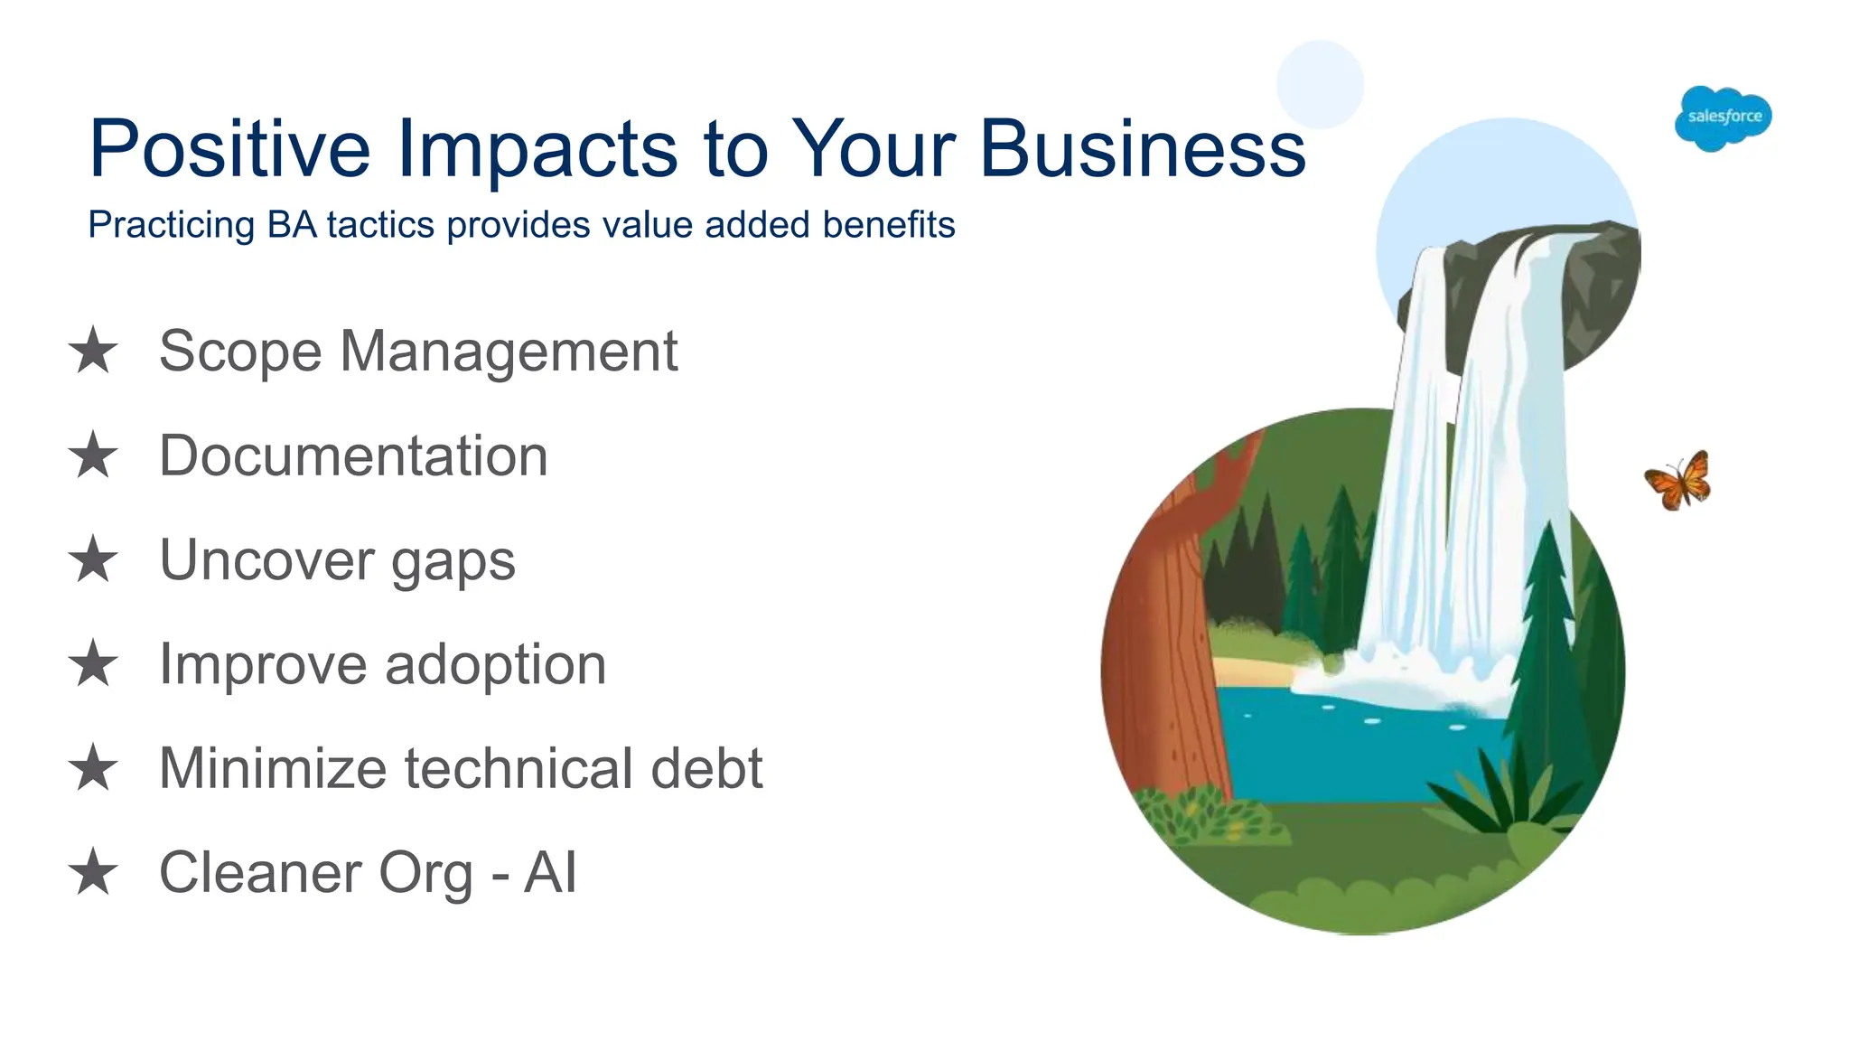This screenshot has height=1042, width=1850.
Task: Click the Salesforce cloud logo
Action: click(1723, 117)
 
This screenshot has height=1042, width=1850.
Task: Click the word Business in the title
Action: click(1142, 148)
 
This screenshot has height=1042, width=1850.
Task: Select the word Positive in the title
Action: click(229, 148)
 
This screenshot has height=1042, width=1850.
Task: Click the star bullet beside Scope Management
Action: click(93, 351)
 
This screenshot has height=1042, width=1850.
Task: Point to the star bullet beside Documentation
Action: click(93, 455)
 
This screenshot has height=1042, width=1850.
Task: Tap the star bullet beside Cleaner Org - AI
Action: click(93, 872)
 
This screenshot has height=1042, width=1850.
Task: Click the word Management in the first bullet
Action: click(509, 351)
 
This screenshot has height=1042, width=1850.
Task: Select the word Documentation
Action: click(353, 455)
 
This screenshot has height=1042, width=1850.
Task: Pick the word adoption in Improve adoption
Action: click(495, 665)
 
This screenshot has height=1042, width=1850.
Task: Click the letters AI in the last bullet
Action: click(550, 872)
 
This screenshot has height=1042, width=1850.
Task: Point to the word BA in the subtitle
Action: click(292, 225)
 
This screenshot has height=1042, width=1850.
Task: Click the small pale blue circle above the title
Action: click(1319, 84)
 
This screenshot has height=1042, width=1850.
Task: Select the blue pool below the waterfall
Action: click(1355, 750)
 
